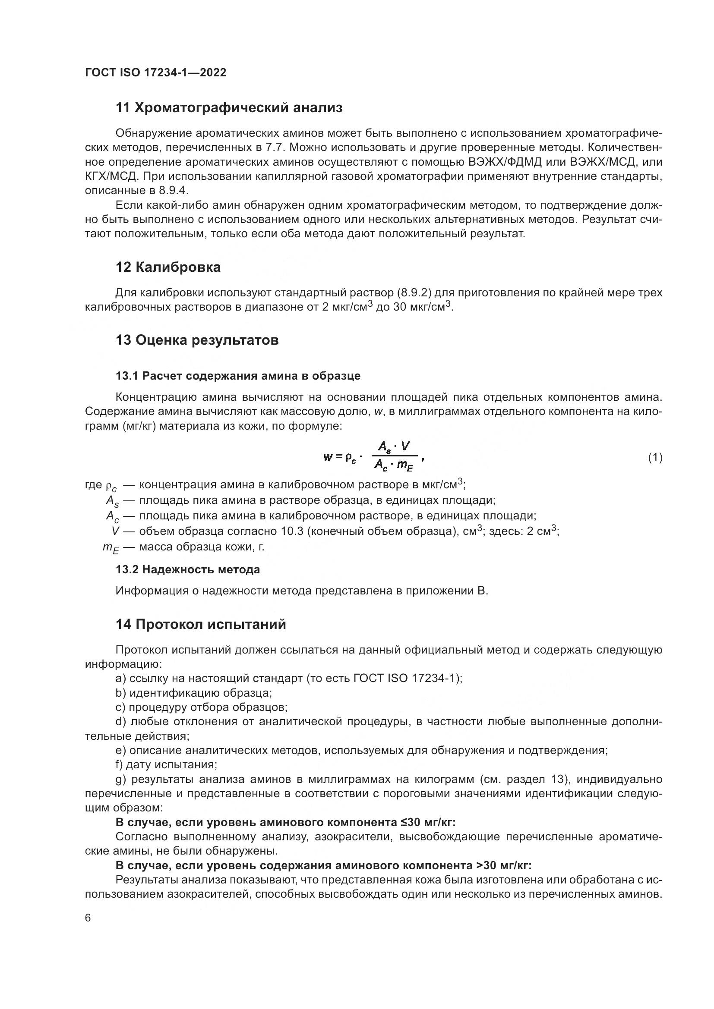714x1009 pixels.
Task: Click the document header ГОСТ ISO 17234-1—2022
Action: coord(155,73)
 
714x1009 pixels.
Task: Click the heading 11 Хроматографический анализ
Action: coord(229,108)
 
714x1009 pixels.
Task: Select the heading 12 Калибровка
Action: coord(168,267)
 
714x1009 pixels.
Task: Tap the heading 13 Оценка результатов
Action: coord(197,340)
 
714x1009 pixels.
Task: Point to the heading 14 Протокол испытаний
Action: coord(200,624)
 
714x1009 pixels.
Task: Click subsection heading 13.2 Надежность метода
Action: coord(188,569)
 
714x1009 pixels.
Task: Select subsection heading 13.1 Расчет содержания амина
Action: coord(238,376)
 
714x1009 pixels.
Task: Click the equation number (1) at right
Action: coord(655,458)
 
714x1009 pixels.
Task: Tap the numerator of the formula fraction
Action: coord(394,447)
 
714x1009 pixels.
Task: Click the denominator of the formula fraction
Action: coord(394,465)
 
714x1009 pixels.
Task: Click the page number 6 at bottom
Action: coord(88,918)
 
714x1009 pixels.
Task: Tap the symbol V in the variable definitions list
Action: coord(116,531)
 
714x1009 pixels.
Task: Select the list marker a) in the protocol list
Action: coord(120,679)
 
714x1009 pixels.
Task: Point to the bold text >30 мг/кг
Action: coord(503,866)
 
